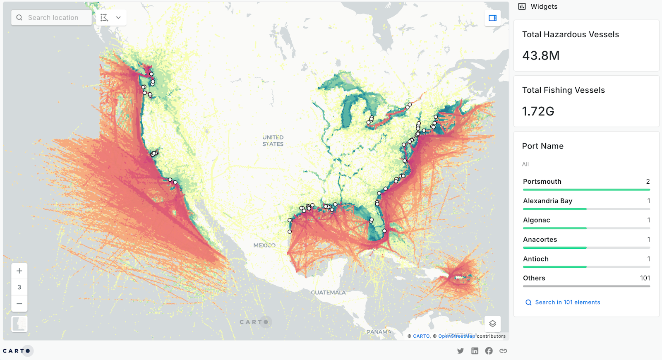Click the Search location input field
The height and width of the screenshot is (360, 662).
point(53,18)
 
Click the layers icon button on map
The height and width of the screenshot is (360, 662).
point(492,324)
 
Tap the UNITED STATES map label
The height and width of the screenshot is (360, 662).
point(273,141)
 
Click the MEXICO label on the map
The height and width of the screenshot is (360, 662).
point(264,245)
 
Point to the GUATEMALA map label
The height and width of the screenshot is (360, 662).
point(328,293)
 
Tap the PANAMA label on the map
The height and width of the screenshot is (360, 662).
point(379,332)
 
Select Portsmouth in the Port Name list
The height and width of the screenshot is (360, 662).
point(542,182)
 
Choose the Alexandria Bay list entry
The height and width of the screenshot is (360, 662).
point(547,201)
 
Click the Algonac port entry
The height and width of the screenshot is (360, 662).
point(536,220)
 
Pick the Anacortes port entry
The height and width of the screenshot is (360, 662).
point(540,240)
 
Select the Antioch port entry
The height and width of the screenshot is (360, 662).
point(536,259)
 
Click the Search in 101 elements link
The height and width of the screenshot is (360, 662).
point(567,302)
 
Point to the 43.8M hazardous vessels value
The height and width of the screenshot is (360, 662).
point(541,55)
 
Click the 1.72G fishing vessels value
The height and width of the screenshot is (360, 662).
point(538,111)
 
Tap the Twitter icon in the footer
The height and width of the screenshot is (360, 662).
point(461,351)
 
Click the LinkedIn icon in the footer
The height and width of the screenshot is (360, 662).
point(475,351)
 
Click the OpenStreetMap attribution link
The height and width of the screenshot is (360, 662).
point(456,336)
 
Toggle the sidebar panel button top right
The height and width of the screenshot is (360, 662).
point(492,18)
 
